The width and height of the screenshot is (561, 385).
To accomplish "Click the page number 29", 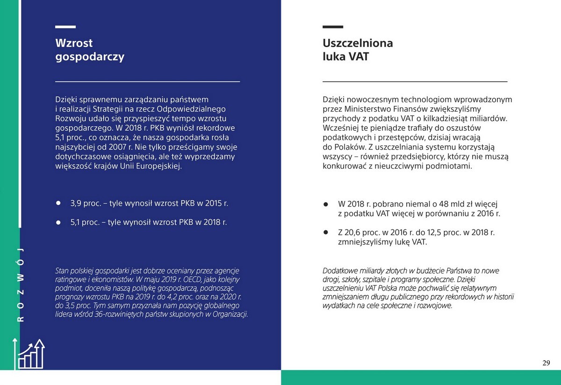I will tap(546, 363).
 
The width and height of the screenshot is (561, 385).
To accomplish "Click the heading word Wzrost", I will tap(74, 43).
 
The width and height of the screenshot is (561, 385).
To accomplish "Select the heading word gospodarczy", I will tap(90, 57).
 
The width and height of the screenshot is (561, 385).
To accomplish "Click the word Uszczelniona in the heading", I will tap(358, 43).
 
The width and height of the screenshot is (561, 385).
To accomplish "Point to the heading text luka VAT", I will tap(345, 57).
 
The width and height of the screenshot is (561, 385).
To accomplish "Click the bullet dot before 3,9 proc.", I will tap(59, 204).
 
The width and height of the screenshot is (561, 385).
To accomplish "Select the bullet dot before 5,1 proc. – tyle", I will tap(59, 222).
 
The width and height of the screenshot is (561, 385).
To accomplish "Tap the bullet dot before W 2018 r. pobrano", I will tap(326, 205).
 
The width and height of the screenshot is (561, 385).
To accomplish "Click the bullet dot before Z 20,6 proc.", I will tap(326, 232).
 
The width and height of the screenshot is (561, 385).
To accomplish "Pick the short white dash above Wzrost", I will tap(65, 27).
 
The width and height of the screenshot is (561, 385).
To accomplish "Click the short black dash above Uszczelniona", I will tap(332, 27).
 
